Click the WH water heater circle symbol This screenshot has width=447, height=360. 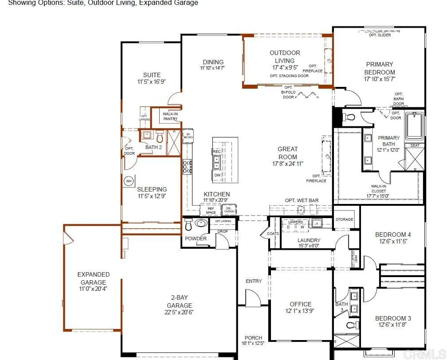[129, 181]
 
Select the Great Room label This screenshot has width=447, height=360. [288, 153]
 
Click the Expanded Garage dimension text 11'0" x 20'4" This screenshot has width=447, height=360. [93, 289]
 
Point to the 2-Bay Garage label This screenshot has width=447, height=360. [179, 302]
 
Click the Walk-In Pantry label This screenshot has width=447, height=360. [170, 116]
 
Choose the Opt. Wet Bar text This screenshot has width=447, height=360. [302, 201]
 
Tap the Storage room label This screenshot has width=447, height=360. [344, 219]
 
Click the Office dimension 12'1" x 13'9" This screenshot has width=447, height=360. [301, 312]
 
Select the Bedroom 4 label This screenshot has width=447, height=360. [393, 235]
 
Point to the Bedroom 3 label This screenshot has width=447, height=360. [393, 318]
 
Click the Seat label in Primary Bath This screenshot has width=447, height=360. [415, 145]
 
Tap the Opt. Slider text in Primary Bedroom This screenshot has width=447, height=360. [380, 35]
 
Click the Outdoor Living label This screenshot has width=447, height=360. [285, 57]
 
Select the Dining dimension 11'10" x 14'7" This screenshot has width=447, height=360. [212, 68]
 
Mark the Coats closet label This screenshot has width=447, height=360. [273, 234]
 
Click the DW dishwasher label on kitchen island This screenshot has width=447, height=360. [217, 175]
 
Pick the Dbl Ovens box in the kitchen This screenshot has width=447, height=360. [229, 210]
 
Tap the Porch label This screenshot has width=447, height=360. [253, 337]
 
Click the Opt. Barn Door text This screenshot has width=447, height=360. [399, 99]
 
